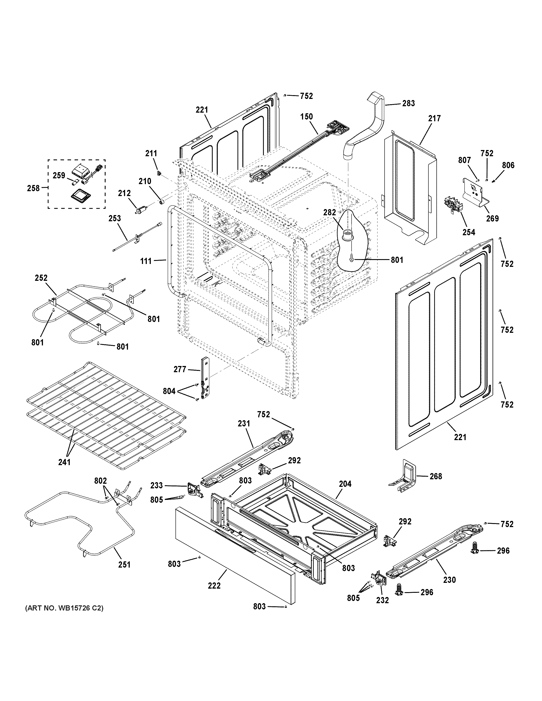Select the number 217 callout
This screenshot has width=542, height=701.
(x=434, y=118)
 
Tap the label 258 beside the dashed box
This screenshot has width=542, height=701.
(x=33, y=188)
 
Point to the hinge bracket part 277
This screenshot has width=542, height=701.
(x=204, y=379)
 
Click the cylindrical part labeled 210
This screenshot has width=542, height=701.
(x=162, y=202)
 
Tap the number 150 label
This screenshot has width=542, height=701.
(x=306, y=117)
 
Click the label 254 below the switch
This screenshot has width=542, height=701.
(x=468, y=232)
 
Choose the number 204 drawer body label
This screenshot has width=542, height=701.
(x=345, y=484)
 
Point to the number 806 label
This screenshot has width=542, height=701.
(x=508, y=165)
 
